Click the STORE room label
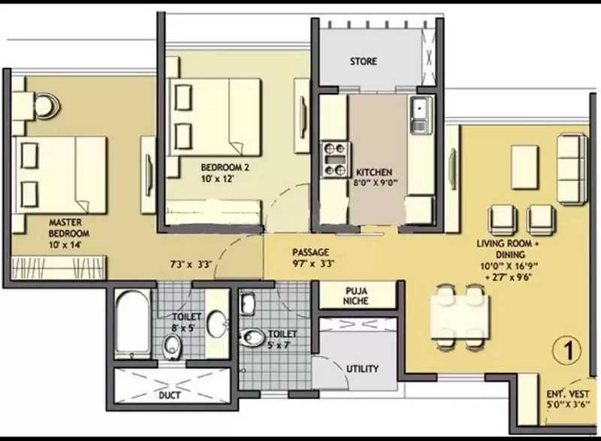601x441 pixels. pyautogui.click(x=363, y=62)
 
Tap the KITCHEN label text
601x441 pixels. pyautogui.click(x=374, y=172)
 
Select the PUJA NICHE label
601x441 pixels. pyautogui.click(x=355, y=296)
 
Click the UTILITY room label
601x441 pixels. pyautogui.click(x=362, y=369)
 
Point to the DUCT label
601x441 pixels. pyautogui.click(x=170, y=395)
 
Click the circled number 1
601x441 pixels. pyautogui.click(x=567, y=350)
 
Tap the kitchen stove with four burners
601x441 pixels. pyautogui.click(x=335, y=160)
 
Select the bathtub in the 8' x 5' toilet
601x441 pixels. pyautogui.click(x=132, y=325)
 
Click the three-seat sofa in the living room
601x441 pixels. pyautogui.click(x=572, y=169)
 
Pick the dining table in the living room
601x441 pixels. pyautogui.click(x=460, y=317)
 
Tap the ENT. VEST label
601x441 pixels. pyautogui.click(x=568, y=394)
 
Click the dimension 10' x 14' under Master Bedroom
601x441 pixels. pyautogui.click(x=65, y=245)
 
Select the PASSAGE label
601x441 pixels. pyautogui.click(x=310, y=252)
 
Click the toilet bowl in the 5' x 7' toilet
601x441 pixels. pyautogui.click(x=252, y=337)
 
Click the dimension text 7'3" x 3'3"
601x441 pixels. pyautogui.click(x=191, y=264)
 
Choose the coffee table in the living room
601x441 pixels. pyautogui.click(x=524, y=167)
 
